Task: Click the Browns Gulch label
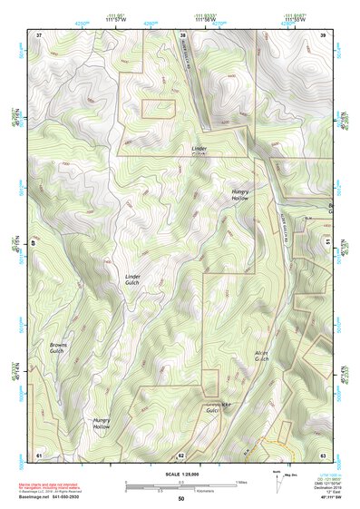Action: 56,347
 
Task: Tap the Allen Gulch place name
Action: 261,356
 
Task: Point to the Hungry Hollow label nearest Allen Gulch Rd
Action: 239,194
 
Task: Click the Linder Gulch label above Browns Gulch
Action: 133,278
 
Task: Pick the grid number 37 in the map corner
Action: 39,34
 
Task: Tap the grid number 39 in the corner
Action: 323,34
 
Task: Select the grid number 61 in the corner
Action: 39,454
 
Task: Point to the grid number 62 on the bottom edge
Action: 181,454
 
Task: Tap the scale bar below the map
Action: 180,485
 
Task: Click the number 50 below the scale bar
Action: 180,499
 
